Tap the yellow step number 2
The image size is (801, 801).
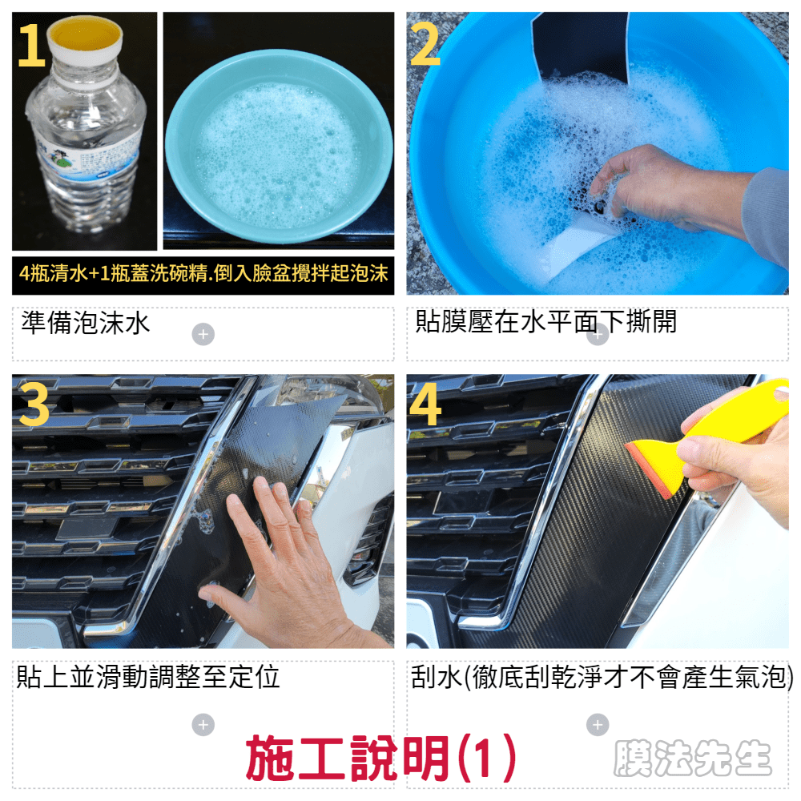(425, 45)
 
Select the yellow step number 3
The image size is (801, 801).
(34, 405)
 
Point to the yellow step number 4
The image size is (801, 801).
(425, 405)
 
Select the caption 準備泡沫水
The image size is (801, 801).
(86, 323)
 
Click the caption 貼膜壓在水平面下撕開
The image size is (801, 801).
(545, 322)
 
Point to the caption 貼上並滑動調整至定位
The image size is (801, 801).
(148, 676)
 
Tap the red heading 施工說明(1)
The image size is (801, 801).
(381, 758)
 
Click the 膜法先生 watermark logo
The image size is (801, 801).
(692, 758)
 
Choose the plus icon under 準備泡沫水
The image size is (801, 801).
(203, 335)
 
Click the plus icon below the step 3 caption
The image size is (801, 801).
(203, 725)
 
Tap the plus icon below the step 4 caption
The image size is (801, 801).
(598, 725)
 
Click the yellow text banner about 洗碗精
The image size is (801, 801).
(203, 274)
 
